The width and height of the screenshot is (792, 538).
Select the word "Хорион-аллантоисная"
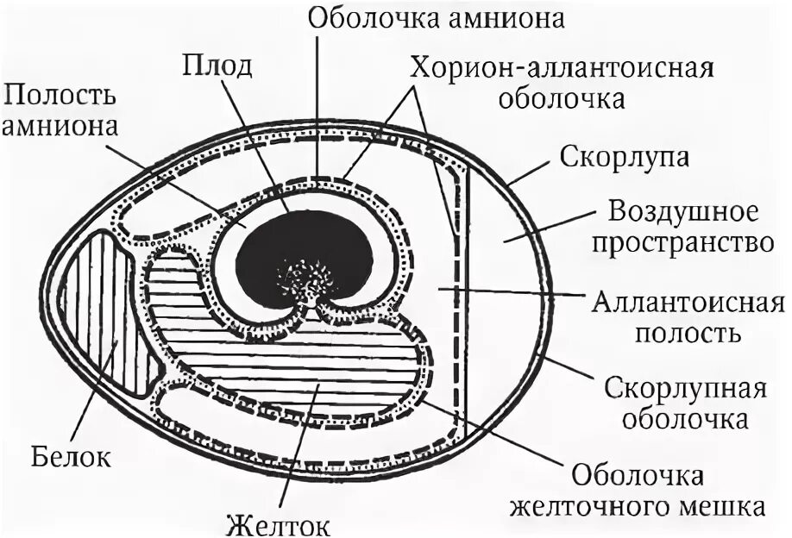point(562,69)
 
